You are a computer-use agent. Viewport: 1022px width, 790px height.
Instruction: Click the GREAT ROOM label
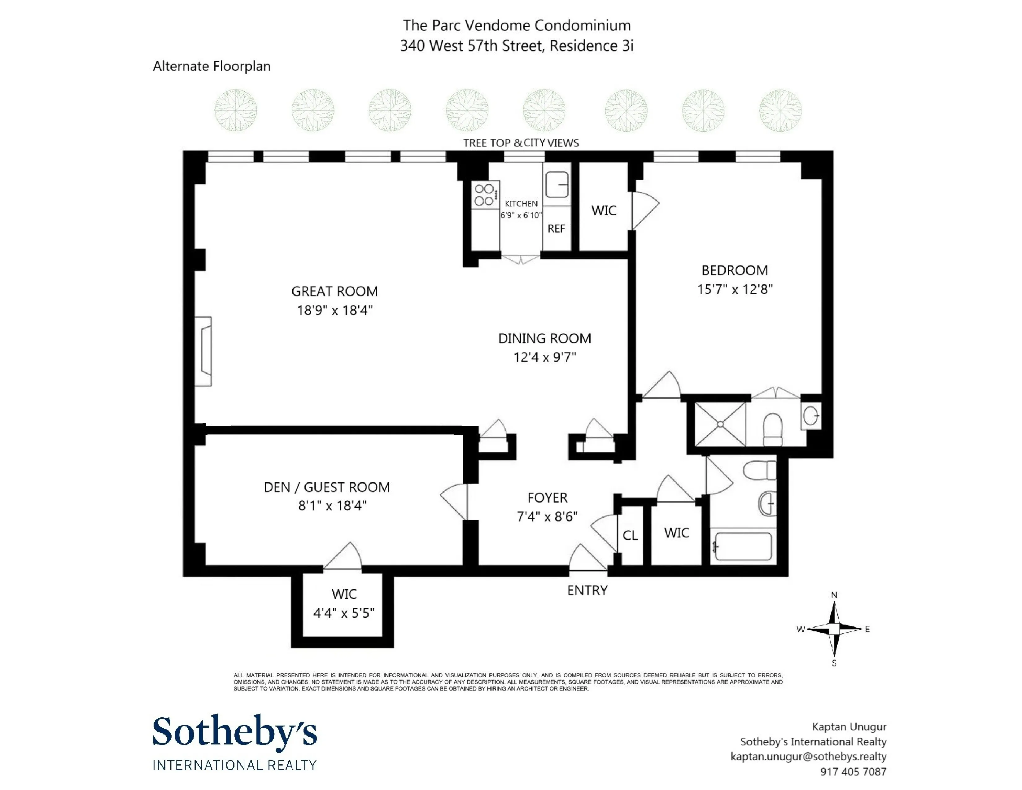[334, 291]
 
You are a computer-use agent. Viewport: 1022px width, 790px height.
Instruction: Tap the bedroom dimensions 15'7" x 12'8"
[734, 289]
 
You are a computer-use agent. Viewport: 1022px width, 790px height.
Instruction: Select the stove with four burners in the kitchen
[485, 195]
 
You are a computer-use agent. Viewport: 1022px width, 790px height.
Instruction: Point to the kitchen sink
[557, 184]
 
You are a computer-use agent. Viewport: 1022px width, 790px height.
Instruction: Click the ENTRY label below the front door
[587, 590]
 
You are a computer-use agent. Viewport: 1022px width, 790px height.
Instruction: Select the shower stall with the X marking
[720, 424]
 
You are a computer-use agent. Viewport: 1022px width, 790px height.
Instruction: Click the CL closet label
[630, 535]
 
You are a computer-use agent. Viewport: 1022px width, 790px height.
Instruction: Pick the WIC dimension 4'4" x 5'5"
[344, 613]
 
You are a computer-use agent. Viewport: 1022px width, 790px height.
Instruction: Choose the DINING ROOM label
[544, 338]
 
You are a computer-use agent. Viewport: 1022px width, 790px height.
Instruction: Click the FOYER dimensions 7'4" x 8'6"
[547, 517]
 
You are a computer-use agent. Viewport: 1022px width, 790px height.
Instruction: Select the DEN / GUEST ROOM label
[327, 487]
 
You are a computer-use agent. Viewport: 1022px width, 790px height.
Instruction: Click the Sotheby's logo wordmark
[235, 731]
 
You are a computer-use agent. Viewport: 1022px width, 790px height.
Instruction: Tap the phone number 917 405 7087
[853, 771]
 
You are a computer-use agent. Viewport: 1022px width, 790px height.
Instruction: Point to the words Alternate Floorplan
[212, 66]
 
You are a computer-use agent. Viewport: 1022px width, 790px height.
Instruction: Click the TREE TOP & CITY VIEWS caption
[521, 143]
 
